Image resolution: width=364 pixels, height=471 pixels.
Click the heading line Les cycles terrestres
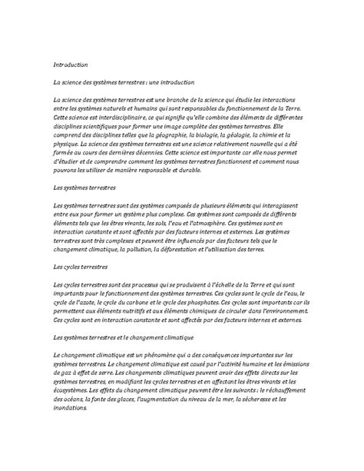point(79,266)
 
